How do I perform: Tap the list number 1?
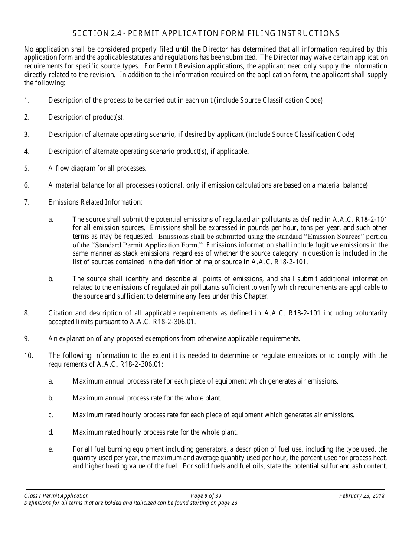[26, 101]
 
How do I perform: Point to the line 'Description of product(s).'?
[86, 117]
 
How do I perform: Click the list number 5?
[26, 168]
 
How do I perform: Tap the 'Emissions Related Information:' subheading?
[95, 202]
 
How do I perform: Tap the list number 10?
[28, 356]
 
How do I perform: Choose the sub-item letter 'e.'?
[51, 449]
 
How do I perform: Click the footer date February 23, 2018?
[362, 496]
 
